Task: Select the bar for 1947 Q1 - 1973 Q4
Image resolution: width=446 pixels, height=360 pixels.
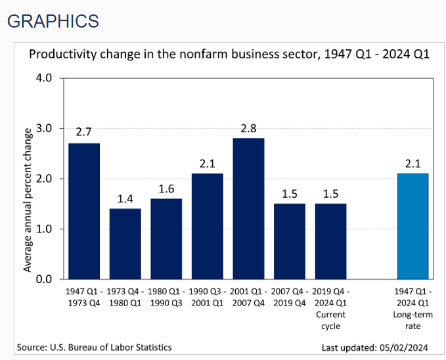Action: coord(84,211)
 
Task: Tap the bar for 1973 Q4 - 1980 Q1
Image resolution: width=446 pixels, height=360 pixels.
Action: coord(125,244)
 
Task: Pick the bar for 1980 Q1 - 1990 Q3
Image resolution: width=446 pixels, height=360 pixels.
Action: coord(166,238)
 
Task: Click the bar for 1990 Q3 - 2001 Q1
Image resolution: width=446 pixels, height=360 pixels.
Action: coord(208,226)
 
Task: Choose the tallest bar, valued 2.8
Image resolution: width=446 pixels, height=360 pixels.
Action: coord(248,208)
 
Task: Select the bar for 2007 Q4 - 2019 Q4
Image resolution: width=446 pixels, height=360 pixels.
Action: coord(290,241)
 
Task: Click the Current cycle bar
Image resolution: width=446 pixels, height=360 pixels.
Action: coord(330,241)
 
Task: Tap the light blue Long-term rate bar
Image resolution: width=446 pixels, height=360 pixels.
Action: coord(413,226)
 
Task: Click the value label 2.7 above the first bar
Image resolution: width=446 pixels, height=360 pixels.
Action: coord(83,132)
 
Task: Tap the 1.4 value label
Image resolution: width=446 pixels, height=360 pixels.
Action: coord(125,198)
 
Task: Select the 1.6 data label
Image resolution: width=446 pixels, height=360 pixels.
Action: coord(166,188)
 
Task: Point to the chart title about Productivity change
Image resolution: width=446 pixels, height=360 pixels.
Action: coord(229,54)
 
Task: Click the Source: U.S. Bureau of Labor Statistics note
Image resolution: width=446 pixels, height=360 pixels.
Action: coord(95,347)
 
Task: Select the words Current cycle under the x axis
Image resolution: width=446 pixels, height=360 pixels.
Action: coord(330,319)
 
